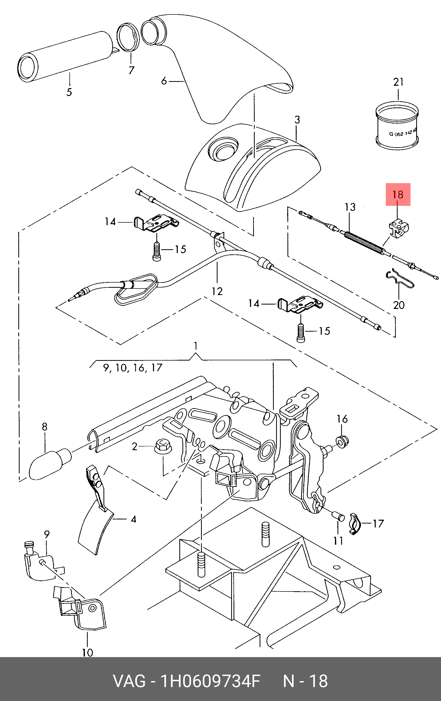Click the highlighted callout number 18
click(398, 194)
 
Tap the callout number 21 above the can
click(398, 82)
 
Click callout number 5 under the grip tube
click(69, 92)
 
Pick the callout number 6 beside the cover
click(164, 81)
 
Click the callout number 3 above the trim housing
click(297, 120)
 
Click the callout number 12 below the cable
click(217, 291)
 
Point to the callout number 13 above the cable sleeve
click(350, 207)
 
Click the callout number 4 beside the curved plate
click(133, 519)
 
